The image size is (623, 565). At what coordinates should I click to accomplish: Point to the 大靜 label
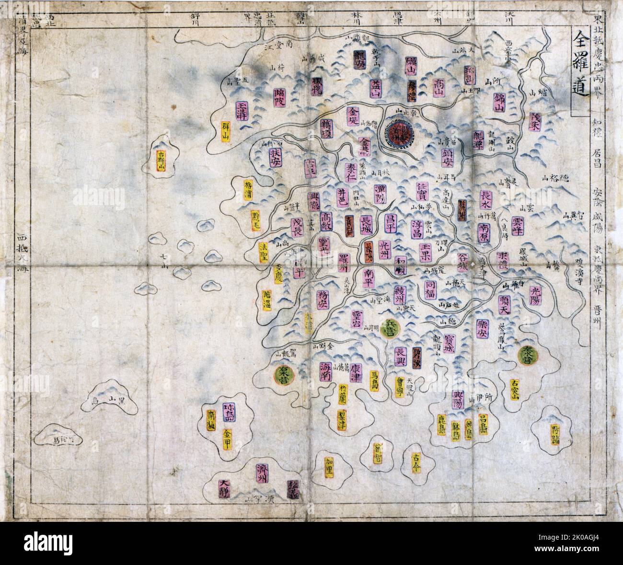[224, 489]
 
